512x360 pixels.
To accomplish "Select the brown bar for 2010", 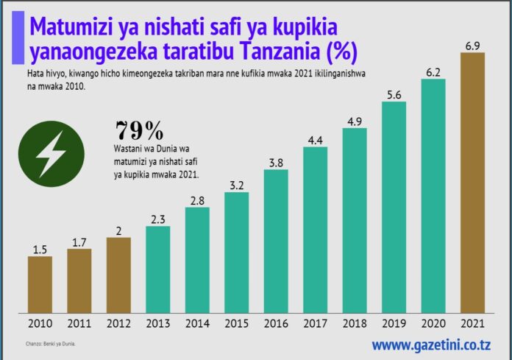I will point(40,284).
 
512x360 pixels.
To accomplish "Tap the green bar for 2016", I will point(276,240).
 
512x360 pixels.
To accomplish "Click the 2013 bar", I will point(158,269).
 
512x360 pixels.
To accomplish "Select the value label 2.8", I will point(197,200).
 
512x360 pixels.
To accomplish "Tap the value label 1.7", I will point(79,241).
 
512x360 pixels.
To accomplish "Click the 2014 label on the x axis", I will point(197,322).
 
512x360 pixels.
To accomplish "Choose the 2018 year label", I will point(355,322).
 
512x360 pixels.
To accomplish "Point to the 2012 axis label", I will point(118,322).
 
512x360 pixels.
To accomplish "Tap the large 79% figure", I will point(140,130).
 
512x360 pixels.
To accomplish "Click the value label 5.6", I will point(394,93).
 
